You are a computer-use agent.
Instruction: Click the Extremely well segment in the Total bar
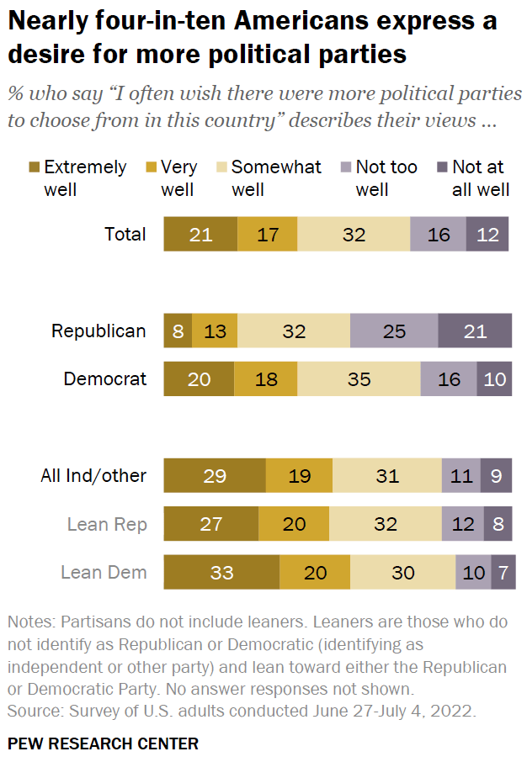200,235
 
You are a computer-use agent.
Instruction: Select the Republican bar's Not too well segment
394,331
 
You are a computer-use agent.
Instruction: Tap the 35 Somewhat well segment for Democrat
359,379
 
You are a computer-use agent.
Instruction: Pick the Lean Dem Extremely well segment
221,573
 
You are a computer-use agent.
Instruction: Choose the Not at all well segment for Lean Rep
497,525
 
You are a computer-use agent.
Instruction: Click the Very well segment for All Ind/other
299,476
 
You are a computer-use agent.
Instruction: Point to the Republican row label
98,331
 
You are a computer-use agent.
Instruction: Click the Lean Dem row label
104,573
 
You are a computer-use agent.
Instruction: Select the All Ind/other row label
93,476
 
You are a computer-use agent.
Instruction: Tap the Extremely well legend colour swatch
34,167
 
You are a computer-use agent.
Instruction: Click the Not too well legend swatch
345,167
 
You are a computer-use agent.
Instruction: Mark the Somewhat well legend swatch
221,167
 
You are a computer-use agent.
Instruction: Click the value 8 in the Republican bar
178,331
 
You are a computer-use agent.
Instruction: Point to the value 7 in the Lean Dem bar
503,573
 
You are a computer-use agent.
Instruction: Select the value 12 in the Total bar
487,235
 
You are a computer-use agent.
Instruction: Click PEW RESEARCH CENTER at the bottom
103,743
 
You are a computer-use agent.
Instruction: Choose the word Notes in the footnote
29,623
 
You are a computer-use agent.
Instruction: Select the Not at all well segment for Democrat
494,379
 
